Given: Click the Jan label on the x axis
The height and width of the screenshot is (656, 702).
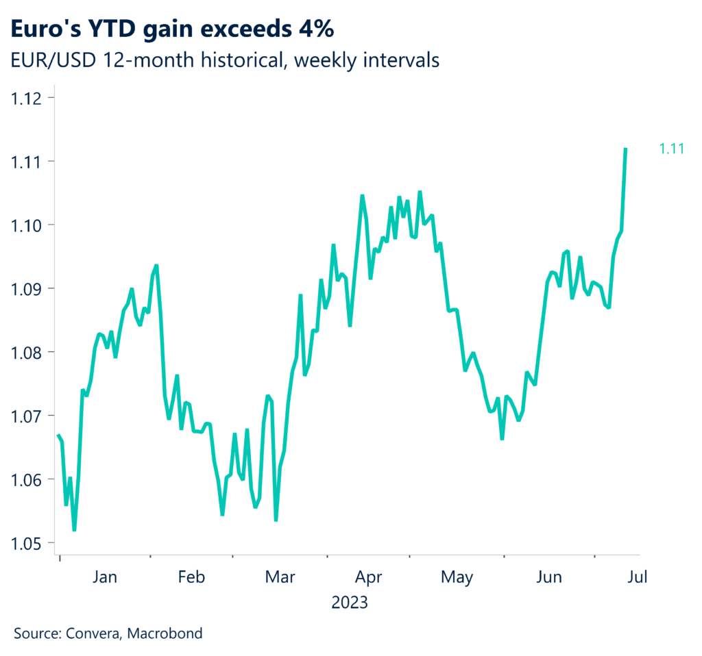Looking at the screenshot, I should pyautogui.click(x=104, y=577).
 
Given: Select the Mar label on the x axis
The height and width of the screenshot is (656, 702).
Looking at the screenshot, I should pyautogui.click(x=279, y=577).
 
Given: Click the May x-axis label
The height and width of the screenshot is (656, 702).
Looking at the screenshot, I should pyautogui.click(x=457, y=577).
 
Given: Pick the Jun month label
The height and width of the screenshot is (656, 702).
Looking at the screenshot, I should pyautogui.click(x=548, y=577).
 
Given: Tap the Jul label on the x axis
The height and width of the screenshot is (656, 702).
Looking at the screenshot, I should pyautogui.click(x=637, y=577).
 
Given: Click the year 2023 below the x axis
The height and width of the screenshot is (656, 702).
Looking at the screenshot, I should pyautogui.click(x=350, y=603).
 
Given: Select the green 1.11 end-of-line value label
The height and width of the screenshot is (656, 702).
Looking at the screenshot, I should pyautogui.click(x=672, y=148).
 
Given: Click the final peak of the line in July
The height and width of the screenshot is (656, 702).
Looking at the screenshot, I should pyautogui.click(x=625, y=149).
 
